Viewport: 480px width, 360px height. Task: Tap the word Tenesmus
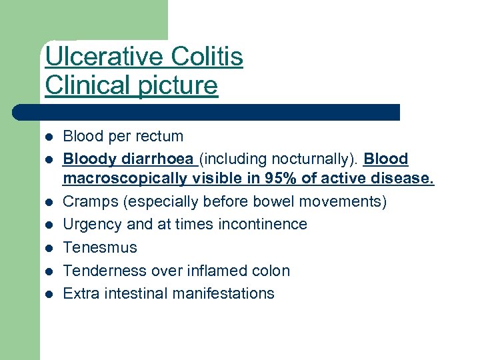(100, 247)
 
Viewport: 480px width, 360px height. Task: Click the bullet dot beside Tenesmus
(49, 248)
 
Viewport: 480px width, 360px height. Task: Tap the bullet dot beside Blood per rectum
(49, 137)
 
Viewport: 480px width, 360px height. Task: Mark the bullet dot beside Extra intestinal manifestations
(49, 294)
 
